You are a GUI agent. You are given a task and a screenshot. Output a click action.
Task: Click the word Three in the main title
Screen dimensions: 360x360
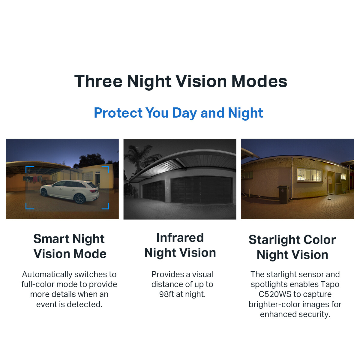(x=98, y=81)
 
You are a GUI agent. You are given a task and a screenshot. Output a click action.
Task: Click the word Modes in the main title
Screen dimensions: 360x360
(x=259, y=81)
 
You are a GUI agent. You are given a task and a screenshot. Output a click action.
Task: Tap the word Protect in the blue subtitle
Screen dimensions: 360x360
(x=118, y=113)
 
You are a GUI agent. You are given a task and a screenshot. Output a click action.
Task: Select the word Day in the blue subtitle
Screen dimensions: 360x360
(x=184, y=113)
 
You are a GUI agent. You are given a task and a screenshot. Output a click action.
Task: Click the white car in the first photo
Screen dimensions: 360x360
(x=70, y=191)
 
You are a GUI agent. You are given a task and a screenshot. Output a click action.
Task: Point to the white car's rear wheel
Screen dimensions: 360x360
(x=80, y=199)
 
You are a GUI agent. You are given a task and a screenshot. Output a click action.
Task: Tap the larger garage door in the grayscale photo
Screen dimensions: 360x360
(x=201, y=190)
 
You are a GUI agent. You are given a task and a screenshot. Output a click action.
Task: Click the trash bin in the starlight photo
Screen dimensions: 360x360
(x=283, y=194)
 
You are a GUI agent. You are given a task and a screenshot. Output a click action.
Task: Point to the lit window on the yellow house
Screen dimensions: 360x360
(x=310, y=175)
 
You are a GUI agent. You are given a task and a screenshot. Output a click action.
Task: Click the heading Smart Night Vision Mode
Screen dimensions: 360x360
(x=70, y=246)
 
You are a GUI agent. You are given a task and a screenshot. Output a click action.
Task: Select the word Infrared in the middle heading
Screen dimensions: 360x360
(x=180, y=238)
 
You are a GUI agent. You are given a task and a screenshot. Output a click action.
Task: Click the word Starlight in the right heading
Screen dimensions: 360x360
(x=274, y=240)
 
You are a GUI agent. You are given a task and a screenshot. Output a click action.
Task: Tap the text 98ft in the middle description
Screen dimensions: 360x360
(x=166, y=294)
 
